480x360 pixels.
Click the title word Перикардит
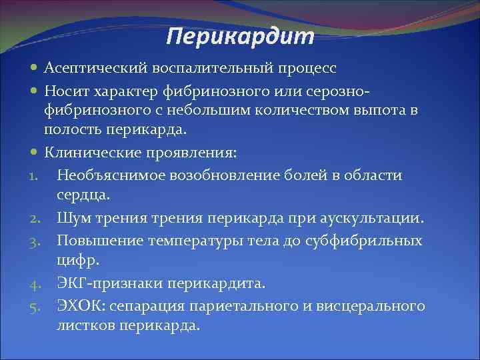pyautogui.click(x=239, y=37)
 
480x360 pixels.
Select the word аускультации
pyautogui.click(x=382, y=218)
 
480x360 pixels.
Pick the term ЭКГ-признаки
pyautogui.click(x=101, y=283)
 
